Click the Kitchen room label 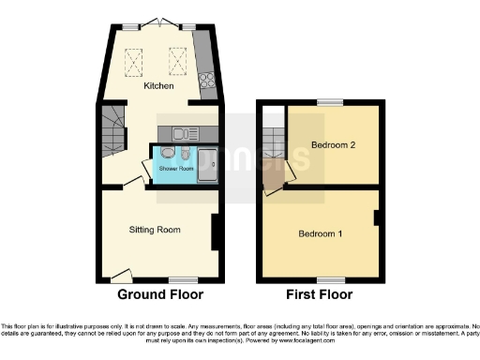(157, 86)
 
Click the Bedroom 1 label (320, 232)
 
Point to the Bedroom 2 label (333, 145)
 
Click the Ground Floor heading (159, 294)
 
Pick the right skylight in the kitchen (176, 59)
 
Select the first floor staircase (274, 142)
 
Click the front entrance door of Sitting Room (120, 275)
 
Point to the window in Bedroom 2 (329, 102)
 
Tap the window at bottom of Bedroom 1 (329, 279)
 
